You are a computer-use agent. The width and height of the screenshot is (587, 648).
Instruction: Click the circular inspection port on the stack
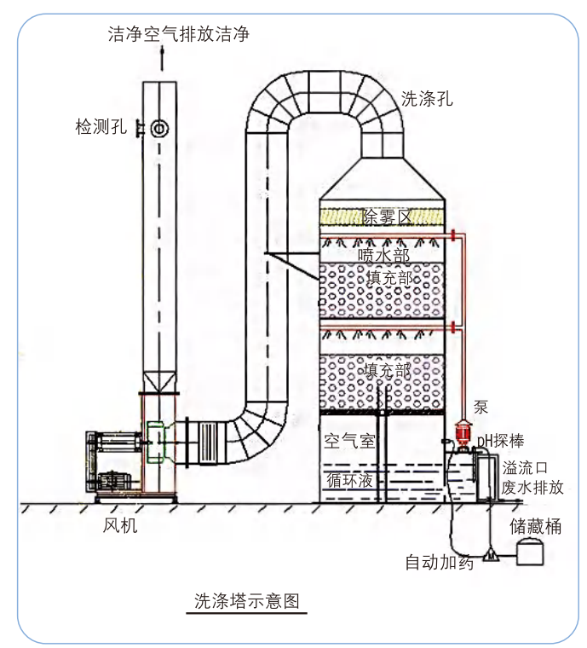(x=158, y=129)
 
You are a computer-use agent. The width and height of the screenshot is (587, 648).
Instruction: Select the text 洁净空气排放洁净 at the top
(x=179, y=34)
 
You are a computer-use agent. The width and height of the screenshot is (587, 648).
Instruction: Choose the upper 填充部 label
(x=389, y=279)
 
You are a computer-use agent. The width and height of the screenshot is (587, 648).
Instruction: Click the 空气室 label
(x=349, y=440)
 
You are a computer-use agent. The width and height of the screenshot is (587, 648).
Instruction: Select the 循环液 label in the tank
(x=349, y=479)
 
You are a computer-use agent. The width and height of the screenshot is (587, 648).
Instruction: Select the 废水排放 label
(x=532, y=488)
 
